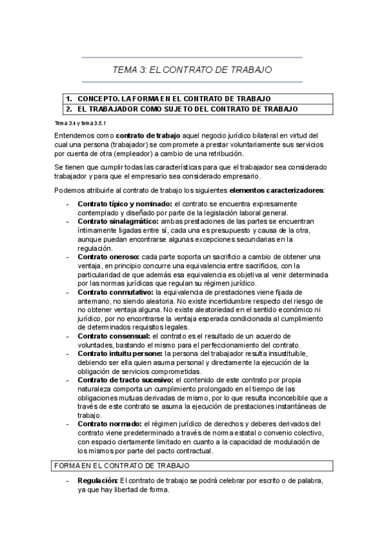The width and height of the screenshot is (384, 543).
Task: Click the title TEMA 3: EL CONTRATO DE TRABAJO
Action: (192, 69)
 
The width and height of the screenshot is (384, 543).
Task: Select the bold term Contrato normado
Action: (110, 424)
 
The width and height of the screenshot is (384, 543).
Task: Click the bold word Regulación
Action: (97, 480)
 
